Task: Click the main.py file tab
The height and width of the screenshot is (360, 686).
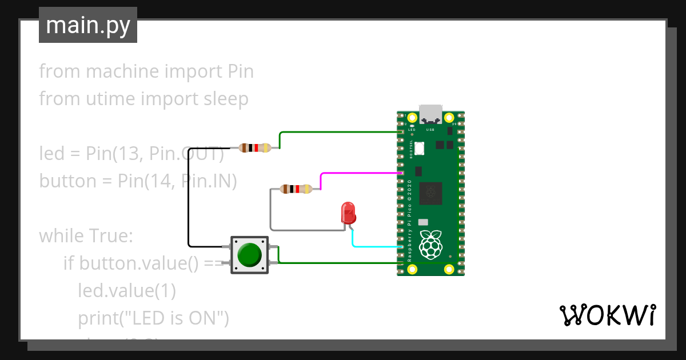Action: point(87,25)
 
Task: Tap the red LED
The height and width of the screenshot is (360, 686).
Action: point(348,213)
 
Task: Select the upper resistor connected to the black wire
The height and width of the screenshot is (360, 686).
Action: point(256,148)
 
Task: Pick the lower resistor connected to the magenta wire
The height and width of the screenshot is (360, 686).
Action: point(296,189)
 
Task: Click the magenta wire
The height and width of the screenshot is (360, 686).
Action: point(360,173)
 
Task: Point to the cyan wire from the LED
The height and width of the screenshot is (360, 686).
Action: point(377,247)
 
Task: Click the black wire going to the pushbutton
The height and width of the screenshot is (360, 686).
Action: point(189,194)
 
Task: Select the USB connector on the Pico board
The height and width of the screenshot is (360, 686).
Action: point(430,114)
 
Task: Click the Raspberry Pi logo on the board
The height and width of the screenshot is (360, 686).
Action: point(432,244)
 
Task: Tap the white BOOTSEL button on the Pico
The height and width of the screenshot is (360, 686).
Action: point(420,149)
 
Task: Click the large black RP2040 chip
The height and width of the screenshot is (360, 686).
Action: point(430,194)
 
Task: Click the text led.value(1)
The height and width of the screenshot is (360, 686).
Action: point(126,290)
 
